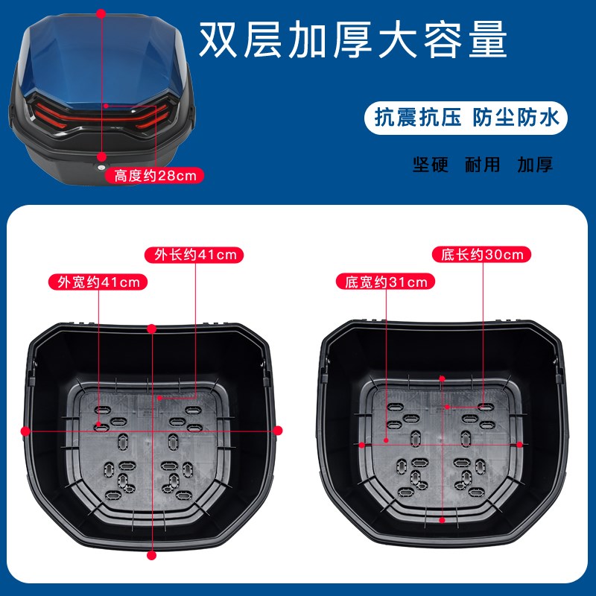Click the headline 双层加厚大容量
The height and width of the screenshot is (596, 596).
[x=352, y=39]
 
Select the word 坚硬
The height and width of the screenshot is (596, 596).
[x=431, y=165]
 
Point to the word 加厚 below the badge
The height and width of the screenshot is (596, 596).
[x=535, y=165]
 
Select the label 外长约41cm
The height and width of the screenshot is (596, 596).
[x=195, y=255]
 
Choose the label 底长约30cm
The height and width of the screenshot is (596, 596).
[x=482, y=254]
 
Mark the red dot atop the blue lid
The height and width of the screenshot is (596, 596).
[x=101, y=13]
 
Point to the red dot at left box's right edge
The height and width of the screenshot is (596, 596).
[x=279, y=430]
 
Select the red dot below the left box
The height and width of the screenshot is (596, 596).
[x=152, y=555]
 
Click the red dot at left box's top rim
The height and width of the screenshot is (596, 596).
[x=152, y=328]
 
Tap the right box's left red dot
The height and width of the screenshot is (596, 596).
[x=362, y=444]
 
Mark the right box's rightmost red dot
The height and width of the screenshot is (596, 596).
[x=521, y=443]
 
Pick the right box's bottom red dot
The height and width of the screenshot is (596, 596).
[x=443, y=521]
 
